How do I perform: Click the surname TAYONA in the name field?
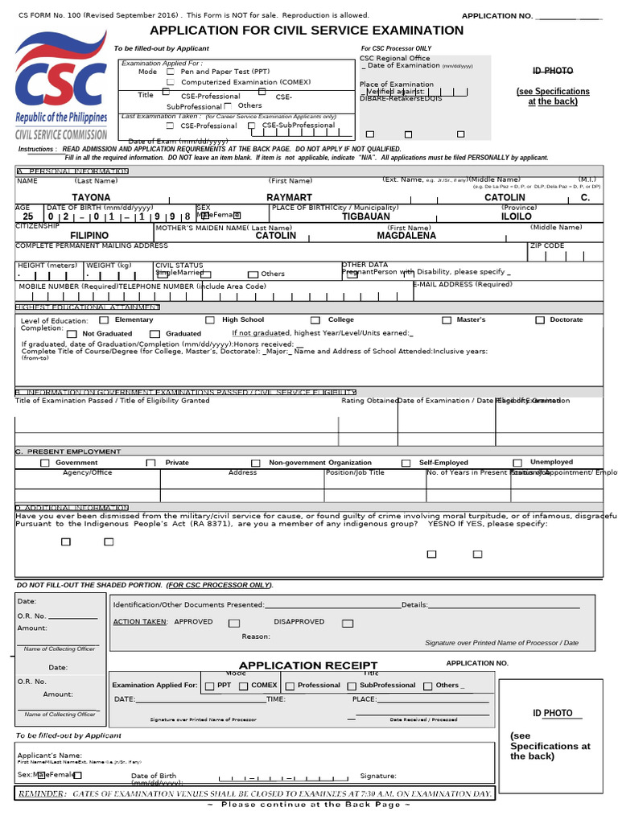(92, 198)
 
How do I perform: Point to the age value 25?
(28, 216)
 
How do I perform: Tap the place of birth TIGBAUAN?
(365, 216)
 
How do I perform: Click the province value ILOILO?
(517, 216)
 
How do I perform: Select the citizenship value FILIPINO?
(89, 236)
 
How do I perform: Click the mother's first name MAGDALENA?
(406, 236)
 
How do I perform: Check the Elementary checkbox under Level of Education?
(104, 320)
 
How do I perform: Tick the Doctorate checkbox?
(540, 320)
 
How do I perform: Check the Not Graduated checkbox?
(72, 334)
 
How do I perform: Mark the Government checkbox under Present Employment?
(45, 463)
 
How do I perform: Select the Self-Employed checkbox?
(408, 463)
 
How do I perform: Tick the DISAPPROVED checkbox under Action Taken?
(347, 623)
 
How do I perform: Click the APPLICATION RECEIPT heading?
(308, 665)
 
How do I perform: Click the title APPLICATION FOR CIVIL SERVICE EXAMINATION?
(307, 31)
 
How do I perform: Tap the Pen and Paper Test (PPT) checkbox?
(170, 72)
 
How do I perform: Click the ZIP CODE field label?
(546, 245)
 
